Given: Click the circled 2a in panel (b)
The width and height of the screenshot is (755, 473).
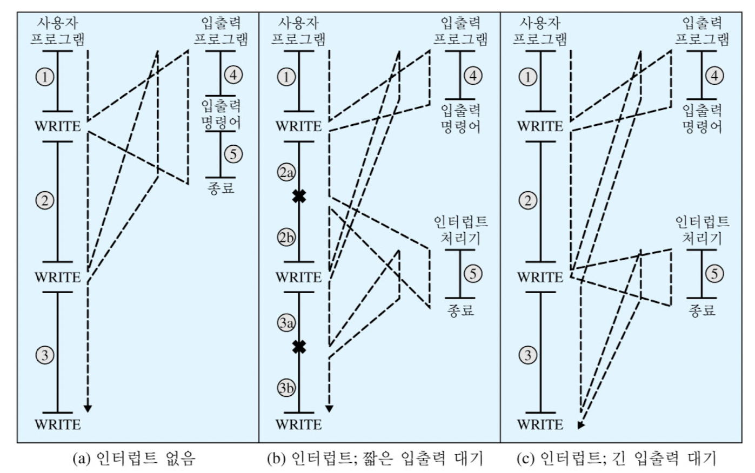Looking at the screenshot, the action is (286, 173).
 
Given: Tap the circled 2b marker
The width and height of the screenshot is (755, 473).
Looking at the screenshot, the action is (286, 238).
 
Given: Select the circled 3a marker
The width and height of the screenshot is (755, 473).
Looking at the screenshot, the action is (286, 323).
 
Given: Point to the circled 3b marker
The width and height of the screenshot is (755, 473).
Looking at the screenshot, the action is (286, 387).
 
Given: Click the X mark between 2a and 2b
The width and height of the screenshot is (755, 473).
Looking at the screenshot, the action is (299, 197).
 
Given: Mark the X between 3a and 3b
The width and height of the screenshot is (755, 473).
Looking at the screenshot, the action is (299, 347).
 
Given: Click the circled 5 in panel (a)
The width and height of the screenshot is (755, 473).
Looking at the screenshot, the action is (233, 154).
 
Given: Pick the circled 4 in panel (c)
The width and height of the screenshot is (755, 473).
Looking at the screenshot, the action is (715, 76).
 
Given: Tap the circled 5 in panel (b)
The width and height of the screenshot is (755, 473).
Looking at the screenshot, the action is (473, 274).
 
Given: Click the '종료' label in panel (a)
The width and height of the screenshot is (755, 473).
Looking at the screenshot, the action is (221, 189).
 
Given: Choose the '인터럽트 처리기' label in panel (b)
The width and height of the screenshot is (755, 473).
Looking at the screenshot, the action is (460, 230).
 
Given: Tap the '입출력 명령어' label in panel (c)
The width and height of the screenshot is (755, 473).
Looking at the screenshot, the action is (702, 118).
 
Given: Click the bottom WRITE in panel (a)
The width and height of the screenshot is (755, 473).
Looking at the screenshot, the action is (57, 424).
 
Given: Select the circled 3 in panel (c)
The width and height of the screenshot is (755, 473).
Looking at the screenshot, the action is (528, 355).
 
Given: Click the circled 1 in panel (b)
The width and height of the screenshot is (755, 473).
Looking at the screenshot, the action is (286, 77).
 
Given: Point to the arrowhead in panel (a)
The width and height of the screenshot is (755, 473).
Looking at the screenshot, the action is (87, 408).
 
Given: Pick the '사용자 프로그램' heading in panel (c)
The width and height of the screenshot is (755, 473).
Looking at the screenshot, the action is (540, 31).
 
